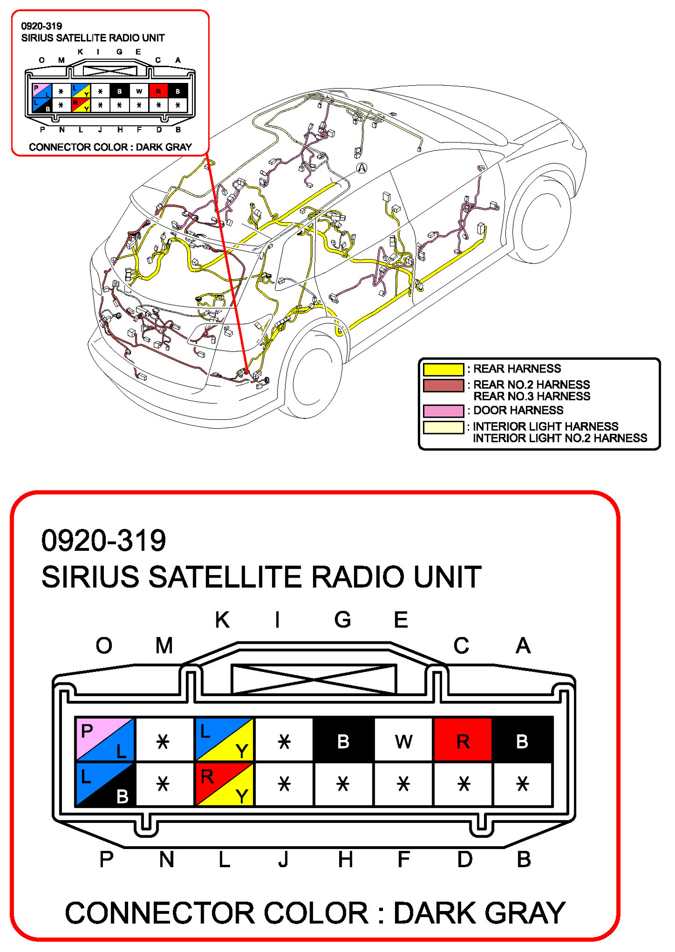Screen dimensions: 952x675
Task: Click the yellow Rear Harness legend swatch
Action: (x=443, y=369)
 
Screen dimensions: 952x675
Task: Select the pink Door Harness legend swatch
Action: (x=443, y=411)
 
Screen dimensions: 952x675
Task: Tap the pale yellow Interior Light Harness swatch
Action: (x=443, y=427)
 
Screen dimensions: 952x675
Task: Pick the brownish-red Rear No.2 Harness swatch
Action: (x=443, y=385)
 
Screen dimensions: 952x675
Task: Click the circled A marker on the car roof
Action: (x=362, y=168)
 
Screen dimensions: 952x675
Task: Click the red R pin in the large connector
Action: (x=463, y=740)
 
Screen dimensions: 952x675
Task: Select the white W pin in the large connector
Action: (x=403, y=740)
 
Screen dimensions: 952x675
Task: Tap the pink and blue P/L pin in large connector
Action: (x=105, y=739)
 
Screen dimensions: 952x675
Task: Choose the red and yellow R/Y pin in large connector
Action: (x=224, y=784)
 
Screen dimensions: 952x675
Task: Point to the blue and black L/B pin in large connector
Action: (x=105, y=784)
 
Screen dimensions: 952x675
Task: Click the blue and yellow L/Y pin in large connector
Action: (x=224, y=739)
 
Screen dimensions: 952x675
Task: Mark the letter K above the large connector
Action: (x=222, y=620)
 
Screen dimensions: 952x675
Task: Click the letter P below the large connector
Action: (x=106, y=860)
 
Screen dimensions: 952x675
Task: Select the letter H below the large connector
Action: (x=345, y=860)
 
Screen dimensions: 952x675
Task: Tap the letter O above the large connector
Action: (x=104, y=646)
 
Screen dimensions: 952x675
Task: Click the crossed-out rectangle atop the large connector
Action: (x=313, y=679)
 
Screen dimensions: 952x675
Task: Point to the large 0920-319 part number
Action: (x=103, y=541)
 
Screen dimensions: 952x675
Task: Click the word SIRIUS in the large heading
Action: (x=91, y=577)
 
